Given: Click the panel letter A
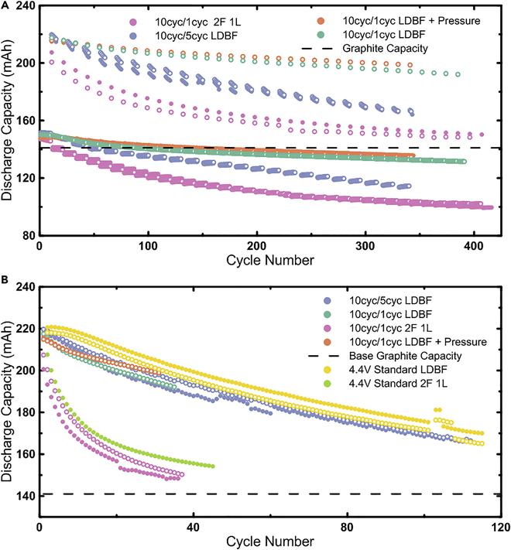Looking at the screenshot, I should pos(5,5).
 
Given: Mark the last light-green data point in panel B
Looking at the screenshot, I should pos(212,466).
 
